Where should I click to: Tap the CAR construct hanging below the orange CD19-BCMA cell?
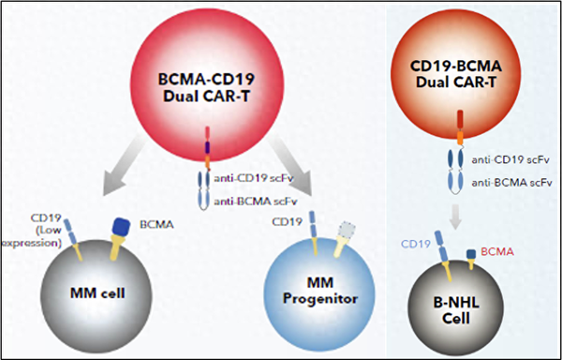459,159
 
